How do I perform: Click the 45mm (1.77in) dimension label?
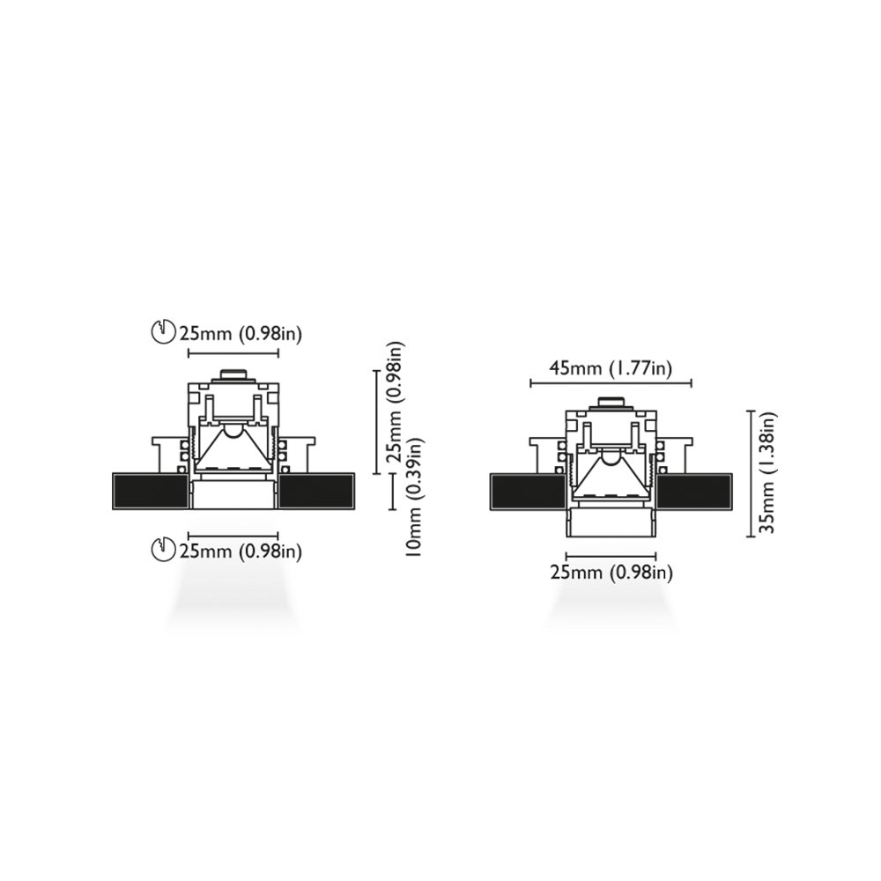point(611,368)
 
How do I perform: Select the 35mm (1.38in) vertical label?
point(766,473)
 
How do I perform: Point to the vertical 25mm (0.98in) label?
point(395,402)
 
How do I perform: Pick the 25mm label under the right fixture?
point(611,573)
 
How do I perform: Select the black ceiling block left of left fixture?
point(150,492)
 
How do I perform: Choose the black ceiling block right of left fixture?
point(317,492)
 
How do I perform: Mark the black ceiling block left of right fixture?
point(528,492)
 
